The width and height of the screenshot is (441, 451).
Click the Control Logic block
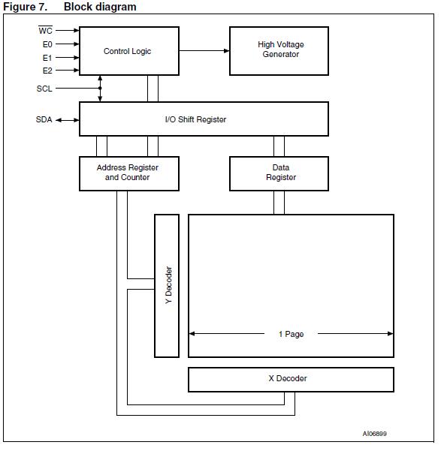[x=128, y=51]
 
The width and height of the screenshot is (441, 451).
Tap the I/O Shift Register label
[x=195, y=119]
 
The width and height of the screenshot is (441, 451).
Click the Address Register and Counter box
[x=128, y=173]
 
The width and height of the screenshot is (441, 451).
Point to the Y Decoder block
[x=167, y=285]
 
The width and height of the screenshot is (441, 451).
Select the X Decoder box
[x=290, y=379]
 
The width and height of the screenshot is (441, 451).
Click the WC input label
[x=46, y=31]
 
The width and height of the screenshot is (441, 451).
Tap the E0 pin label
[x=47, y=44]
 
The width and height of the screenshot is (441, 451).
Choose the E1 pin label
[x=47, y=57]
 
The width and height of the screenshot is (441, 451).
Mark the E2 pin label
[x=47, y=70]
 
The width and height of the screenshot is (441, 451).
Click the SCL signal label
[x=45, y=89]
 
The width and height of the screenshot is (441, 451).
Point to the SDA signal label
[x=44, y=120]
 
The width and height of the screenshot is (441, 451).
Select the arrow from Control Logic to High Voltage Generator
[x=204, y=51]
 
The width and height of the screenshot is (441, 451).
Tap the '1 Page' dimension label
[x=291, y=334]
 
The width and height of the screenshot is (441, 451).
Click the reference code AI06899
[x=375, y=434]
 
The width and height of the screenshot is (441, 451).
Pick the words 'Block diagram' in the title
[x=100, y=7]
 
